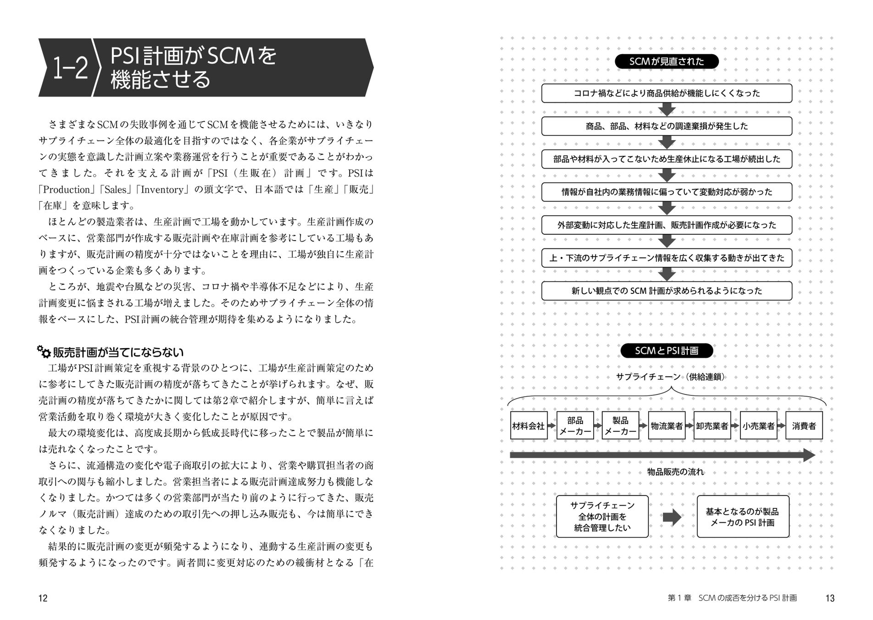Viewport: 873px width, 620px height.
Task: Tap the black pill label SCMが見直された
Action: click(x=667, y=62)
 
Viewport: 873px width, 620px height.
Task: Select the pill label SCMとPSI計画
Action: click(x=667, y=351)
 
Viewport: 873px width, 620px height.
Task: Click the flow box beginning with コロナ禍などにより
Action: click(x=667, y=93)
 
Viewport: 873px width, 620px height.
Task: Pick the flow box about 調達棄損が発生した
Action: click(x=667, y=126)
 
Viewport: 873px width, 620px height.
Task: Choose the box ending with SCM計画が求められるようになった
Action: click(x=667, y=291)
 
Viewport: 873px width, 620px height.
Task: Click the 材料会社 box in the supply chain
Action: click(x=528, y=426)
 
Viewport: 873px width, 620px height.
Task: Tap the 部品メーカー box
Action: click(x=575, y=426)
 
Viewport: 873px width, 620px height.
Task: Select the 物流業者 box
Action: click(x=666, y=426)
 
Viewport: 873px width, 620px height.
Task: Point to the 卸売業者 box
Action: click(x=712, y=426)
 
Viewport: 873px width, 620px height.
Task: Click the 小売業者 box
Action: click(x=758, y=426)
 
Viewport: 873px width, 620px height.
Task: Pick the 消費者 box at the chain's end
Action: click(x=804, y=426)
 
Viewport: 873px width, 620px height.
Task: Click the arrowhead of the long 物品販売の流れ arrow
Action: click(x=809, y=455)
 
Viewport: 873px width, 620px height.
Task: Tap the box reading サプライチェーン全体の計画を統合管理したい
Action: click(x=602, y=516)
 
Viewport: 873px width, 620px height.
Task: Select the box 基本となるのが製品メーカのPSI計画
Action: click(x=743, y=516)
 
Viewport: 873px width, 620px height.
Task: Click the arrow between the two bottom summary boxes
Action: click(x=672, y=517)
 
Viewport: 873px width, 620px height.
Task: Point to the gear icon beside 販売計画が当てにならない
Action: click(x=44, y=352)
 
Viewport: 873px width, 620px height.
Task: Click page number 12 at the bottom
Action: click(x=43, y=598)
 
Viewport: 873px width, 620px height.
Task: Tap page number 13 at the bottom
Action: click(x=829, y=598)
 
